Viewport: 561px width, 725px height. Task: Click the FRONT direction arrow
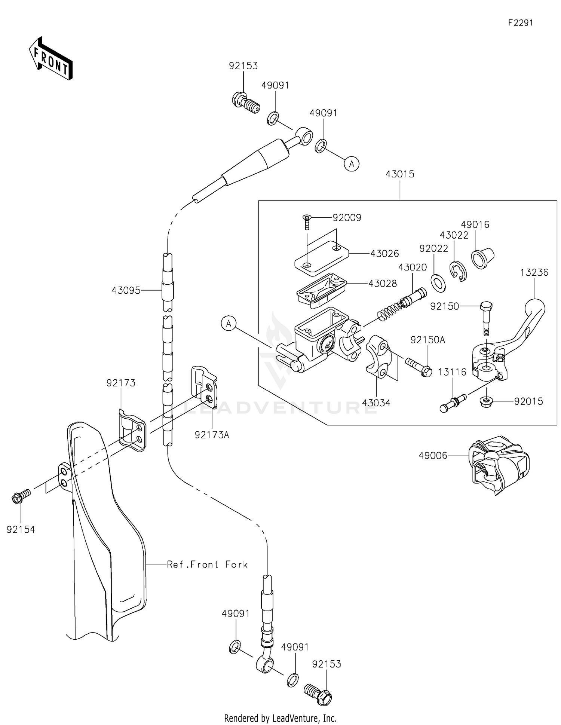[x=50, y=59]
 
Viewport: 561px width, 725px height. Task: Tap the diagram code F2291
[x=520, y=23]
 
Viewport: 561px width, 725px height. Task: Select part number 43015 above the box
[x=400, y=174]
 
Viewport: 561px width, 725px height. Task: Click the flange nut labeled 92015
[x=485, y=402]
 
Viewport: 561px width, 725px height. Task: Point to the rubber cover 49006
[x=499, y=464]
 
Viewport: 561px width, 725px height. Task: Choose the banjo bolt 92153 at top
[x=244, y=102]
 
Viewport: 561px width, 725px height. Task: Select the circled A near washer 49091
[x=351, y=163]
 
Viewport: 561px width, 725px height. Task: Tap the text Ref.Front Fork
[x=207, y=565]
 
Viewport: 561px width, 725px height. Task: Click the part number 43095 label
[x=126, y=290]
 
